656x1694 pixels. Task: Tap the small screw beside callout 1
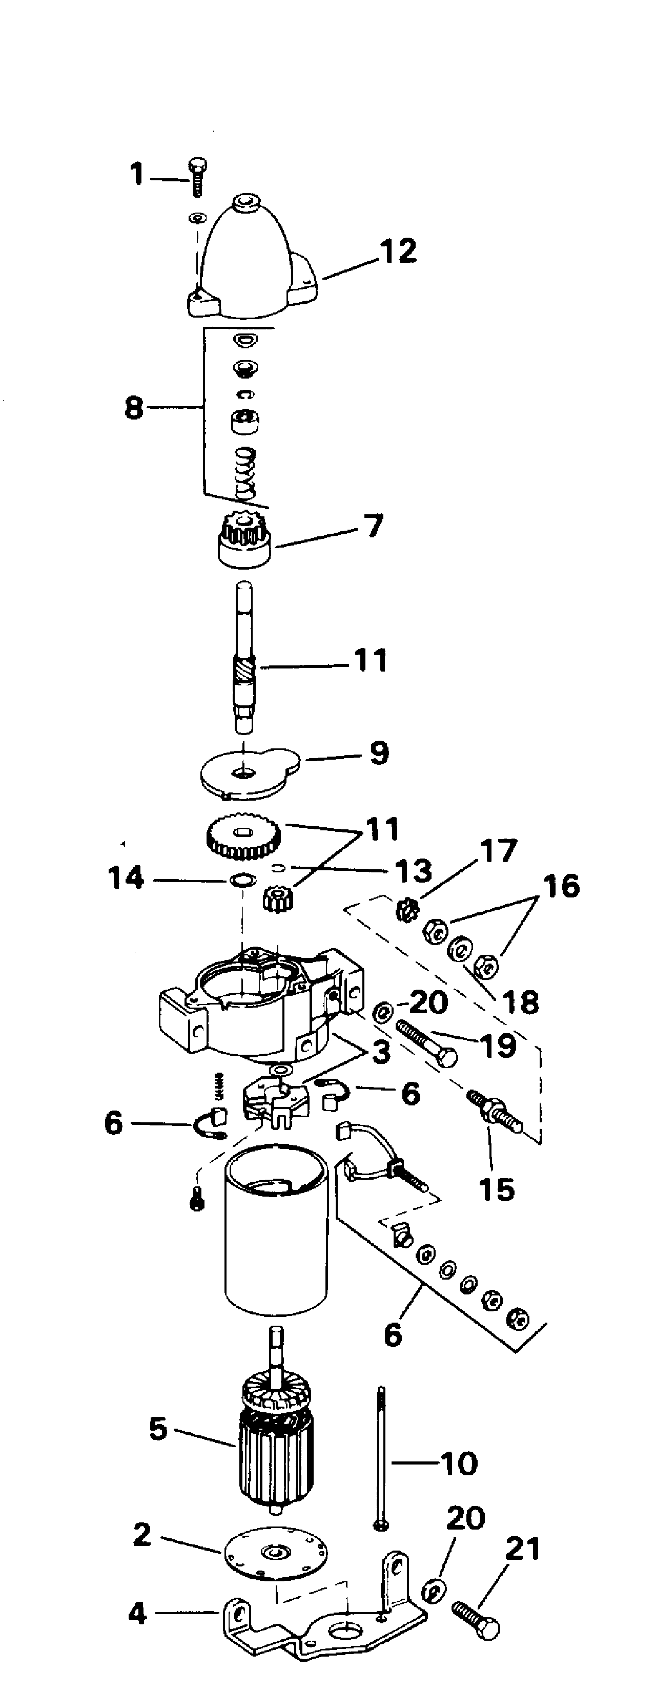coord(197,176)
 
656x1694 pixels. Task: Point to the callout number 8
coord(134,408)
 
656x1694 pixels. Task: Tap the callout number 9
coord(379,754)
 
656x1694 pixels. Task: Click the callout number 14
coord(125,878)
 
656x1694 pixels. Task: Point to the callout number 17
coord(499,851)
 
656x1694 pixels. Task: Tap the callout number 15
coord(497,1189)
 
